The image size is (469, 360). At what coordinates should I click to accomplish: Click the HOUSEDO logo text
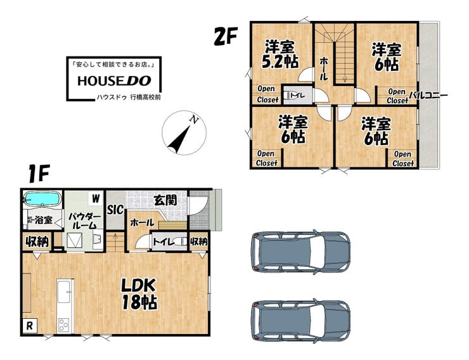(x=114, y=80)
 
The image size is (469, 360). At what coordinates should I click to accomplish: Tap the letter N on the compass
(x=195, y=120)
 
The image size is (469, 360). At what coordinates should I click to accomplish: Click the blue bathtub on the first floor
(x=42, y=198)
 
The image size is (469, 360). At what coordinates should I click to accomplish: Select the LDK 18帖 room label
(x=139, y=294)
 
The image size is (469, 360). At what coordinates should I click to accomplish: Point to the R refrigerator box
(x=30, y=326)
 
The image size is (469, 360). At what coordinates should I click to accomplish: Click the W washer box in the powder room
(x=96, y=198)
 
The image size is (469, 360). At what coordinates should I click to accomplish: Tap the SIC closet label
(x=115, y=210)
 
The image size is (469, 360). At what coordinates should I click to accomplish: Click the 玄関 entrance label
(x=165, y=200)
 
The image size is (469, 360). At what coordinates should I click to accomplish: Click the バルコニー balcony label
(x=428, y=96)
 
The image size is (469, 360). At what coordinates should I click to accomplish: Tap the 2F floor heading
(x=226, y=36)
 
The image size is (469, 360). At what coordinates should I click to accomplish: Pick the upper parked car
(x=300, y=252)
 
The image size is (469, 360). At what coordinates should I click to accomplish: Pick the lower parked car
(x=300, y=320)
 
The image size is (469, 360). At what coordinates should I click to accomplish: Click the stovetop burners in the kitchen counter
(x=64, y=325)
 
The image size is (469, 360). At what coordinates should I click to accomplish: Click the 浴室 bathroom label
(x=44, y=221)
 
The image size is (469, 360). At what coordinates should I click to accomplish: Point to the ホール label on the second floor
(x=323, y=69)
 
